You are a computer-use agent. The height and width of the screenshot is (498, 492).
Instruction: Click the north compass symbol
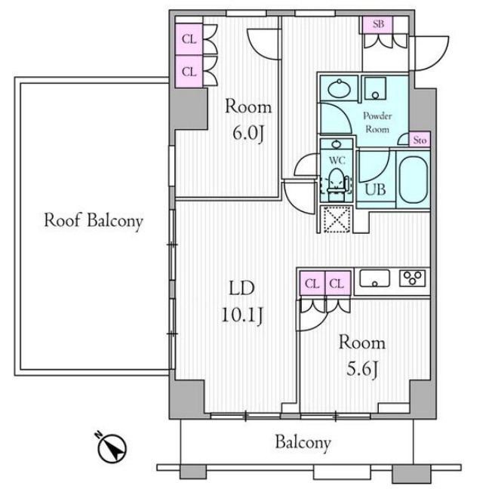(111, 447)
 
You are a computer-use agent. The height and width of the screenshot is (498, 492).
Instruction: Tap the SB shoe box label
(378, 24)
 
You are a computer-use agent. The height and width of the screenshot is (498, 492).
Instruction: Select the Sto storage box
(420, 140)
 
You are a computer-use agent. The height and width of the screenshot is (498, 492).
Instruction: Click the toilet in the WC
(336, 185)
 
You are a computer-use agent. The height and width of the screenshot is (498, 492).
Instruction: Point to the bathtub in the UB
(414, 179)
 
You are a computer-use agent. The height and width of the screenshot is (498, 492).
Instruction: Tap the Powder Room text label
(377, 122)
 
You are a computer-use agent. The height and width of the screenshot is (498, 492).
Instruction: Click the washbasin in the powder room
(340, 88)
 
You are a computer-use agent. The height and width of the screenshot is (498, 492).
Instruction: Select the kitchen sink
(374, 278)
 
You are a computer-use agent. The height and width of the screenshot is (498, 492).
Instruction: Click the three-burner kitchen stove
(412, 278)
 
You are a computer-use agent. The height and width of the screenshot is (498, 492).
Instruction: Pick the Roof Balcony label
(94, 220)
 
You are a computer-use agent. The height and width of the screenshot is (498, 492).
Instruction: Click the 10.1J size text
(242, 315)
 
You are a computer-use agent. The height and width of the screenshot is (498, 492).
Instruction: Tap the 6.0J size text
(248, 134)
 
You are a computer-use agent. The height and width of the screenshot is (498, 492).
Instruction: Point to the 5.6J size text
(361, 370)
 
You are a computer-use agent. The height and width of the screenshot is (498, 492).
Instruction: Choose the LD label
(242, 288)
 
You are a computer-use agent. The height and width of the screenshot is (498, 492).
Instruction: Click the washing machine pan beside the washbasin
(375, 88)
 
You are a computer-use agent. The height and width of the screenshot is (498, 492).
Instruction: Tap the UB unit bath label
(375, 189)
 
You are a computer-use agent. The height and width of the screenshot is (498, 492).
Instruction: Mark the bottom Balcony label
(303, 443)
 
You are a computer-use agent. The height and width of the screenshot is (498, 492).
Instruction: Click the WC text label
(337, 160)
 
